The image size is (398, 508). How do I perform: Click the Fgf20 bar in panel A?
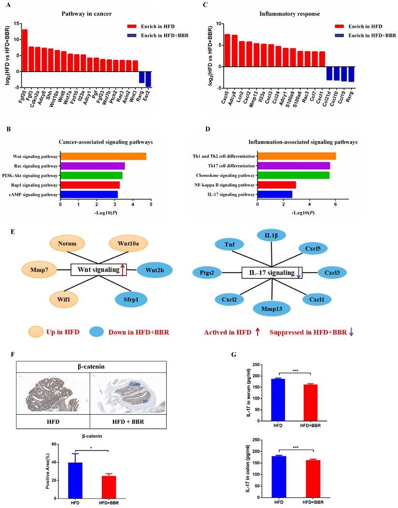tap(25, 50)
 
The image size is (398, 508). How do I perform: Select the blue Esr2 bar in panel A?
tap(148, 79)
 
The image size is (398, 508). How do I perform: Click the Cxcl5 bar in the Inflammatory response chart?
tap(227, 50)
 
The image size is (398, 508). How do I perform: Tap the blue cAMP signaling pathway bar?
tap(89, 194)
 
